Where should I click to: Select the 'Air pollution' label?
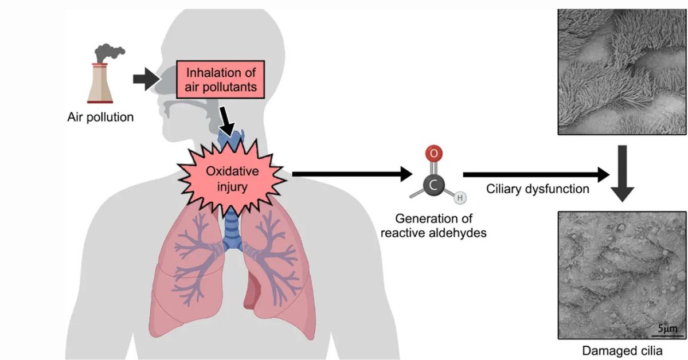pos(100,118)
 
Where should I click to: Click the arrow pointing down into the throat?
pos(228,121)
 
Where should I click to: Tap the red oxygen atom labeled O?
pos(433,154)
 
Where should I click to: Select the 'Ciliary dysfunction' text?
pos(537,189)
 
